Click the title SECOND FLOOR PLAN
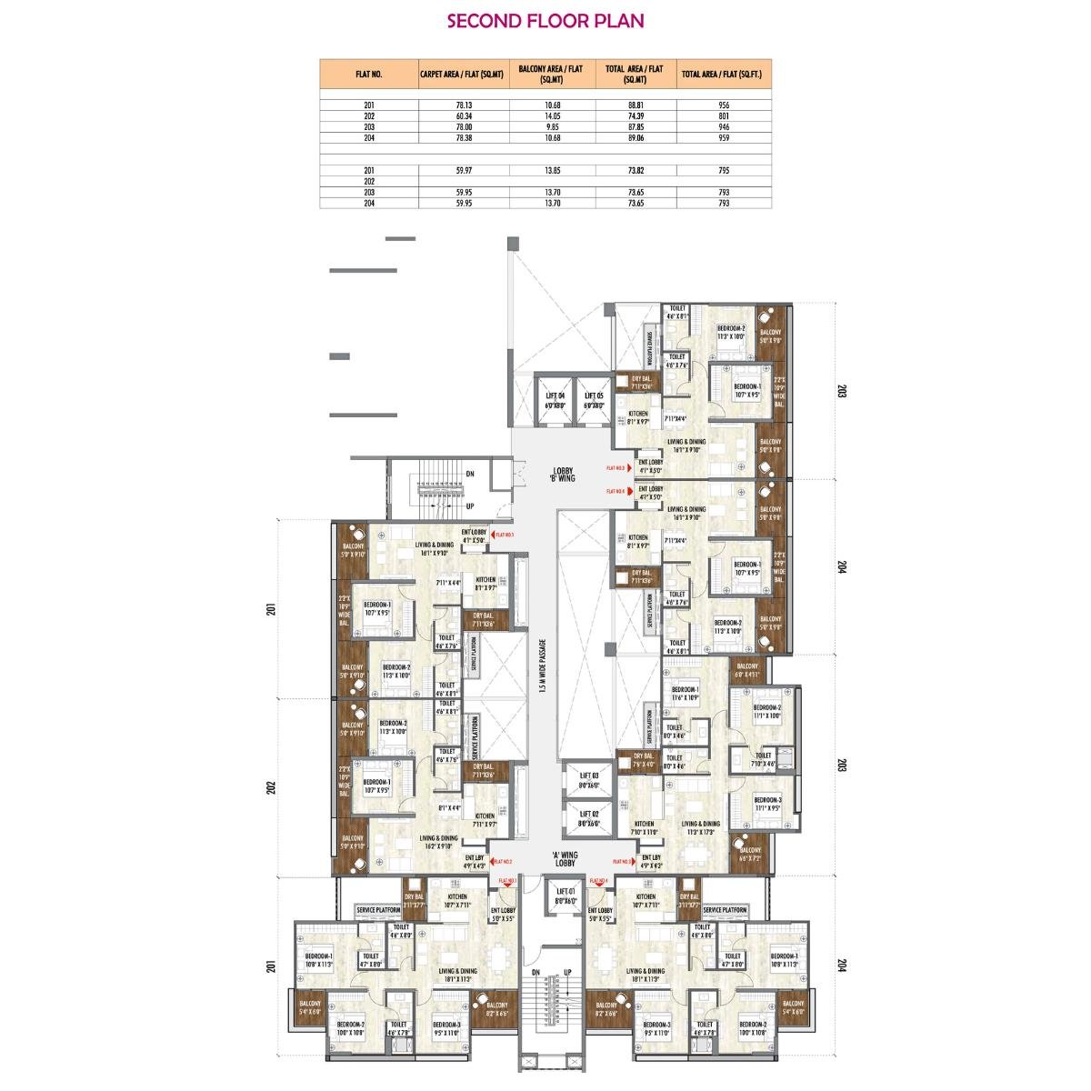(545, 21)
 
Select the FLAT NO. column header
(368, 75)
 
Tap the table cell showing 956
(724, 105)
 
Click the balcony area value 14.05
(552, 116)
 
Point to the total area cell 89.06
(636, 138)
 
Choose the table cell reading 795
(724, 171)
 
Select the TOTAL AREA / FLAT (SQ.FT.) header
(724, 75)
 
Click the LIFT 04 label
(555, 398)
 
